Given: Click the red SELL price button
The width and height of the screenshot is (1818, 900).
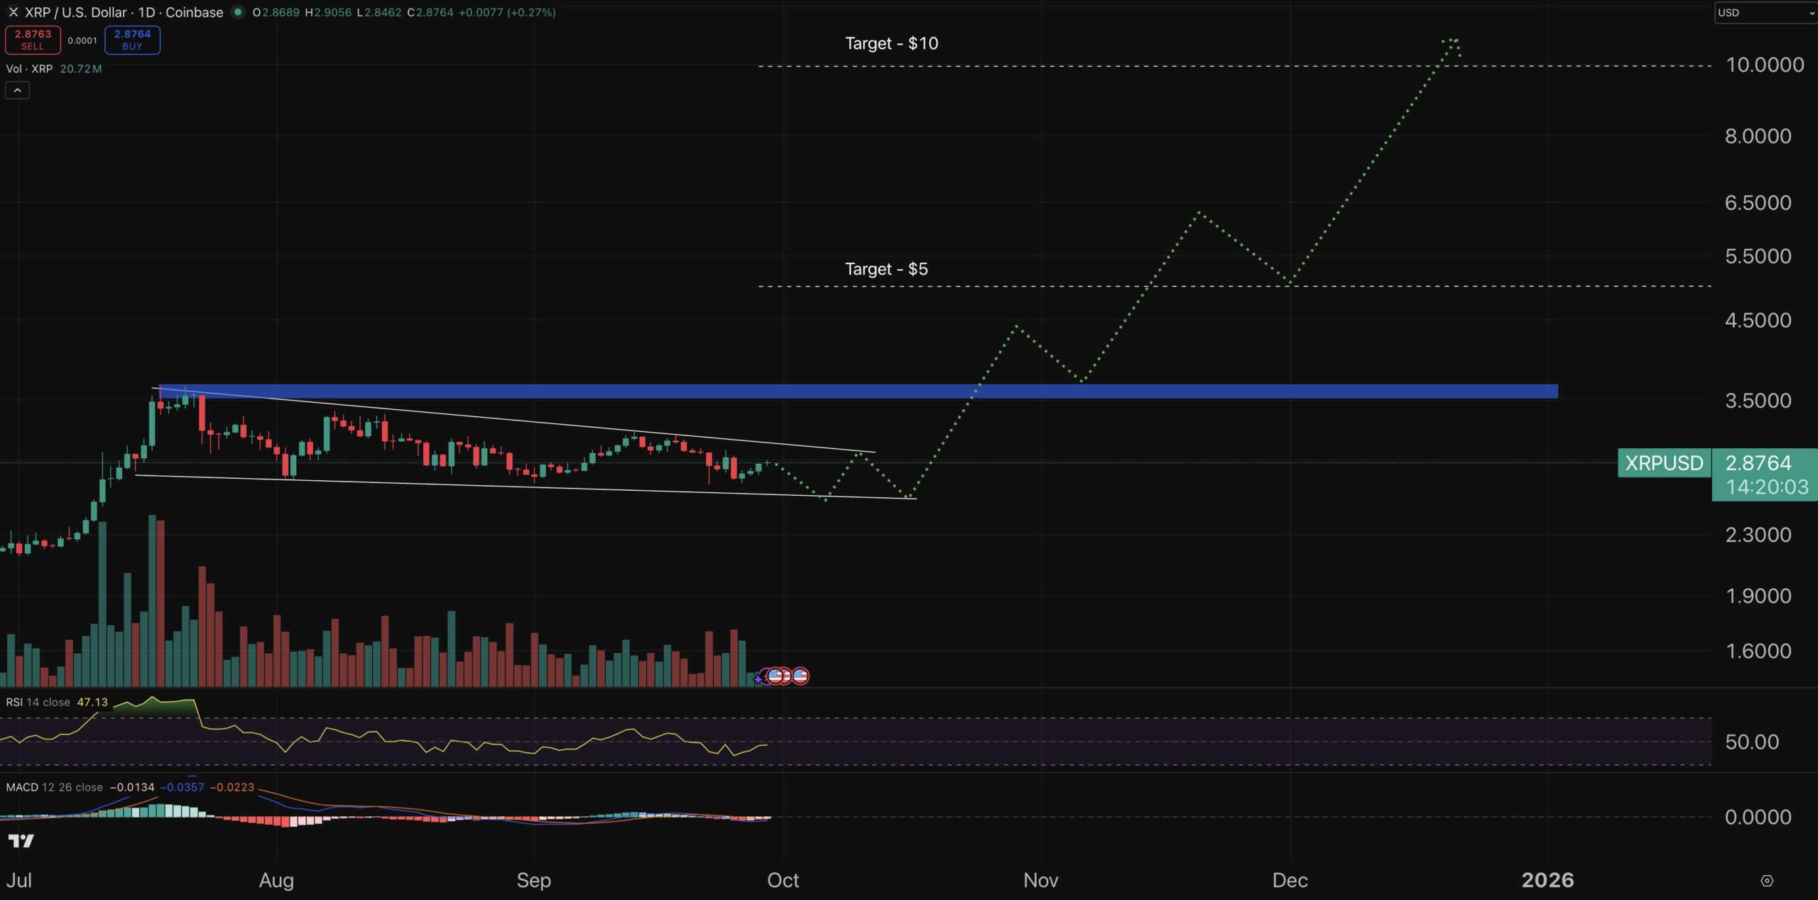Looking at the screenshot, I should click(33, 40).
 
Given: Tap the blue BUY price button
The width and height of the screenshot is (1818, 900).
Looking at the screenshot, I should click(132, 40).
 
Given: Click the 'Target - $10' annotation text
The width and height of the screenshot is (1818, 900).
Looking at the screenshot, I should click(891, 43).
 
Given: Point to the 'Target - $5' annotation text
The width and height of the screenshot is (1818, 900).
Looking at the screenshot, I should click(886, 269).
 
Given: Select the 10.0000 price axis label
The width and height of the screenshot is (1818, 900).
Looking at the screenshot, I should click(1765, 65).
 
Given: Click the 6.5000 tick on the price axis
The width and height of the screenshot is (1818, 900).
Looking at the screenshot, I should click(1758, 203).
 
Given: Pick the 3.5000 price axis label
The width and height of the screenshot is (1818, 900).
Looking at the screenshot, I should click(1758, 401).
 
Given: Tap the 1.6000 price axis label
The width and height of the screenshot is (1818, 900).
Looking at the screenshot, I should click(1758, 651).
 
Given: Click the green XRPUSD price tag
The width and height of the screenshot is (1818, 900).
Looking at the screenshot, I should click(1664, 463).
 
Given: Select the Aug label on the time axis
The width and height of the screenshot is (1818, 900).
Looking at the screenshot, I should click(276, 880).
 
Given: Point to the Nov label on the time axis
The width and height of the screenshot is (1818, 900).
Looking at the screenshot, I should click(1040, 880).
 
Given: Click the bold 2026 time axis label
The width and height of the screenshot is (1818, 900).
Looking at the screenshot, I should click(1547, 880).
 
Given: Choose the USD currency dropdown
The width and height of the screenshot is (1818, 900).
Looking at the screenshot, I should click(1765, 13).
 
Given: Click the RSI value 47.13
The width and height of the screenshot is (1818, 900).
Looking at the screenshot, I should click(92, 703).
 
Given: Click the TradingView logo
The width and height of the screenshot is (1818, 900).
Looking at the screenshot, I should click(21, 841).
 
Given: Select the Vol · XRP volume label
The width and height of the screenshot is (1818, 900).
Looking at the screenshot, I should click(29, 69).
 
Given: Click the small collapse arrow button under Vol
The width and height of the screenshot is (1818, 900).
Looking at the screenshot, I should click(17, 90).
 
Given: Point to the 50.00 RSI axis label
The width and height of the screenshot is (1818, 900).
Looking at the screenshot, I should click(1751, 742).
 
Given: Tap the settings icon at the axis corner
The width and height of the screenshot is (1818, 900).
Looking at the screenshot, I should click(1767, 881).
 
